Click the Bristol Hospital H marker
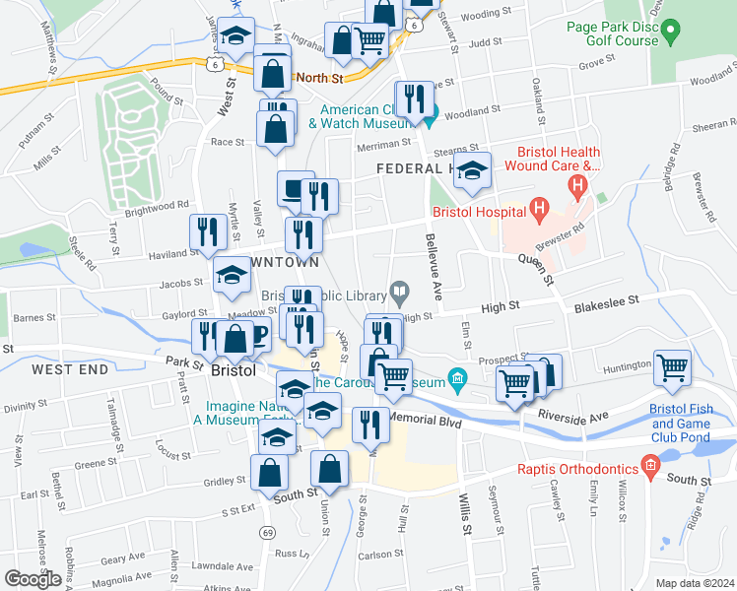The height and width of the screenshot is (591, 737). (539, 208)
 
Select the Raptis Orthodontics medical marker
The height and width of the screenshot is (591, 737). (648, 464)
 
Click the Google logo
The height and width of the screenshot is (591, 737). (33, 578)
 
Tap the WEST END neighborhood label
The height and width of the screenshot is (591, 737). (68, 369)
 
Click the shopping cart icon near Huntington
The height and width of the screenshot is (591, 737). (673, 368)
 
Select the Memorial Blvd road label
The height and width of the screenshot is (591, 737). (425, 419)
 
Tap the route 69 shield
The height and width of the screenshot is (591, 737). (267, 533)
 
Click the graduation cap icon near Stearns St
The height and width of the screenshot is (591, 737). (473, 171)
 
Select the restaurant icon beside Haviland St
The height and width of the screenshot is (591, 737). (206, 232)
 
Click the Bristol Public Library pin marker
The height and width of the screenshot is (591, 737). (399, 292)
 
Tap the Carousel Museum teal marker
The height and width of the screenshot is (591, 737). (456, 378)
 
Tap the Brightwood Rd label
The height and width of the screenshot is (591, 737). (156, 207)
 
